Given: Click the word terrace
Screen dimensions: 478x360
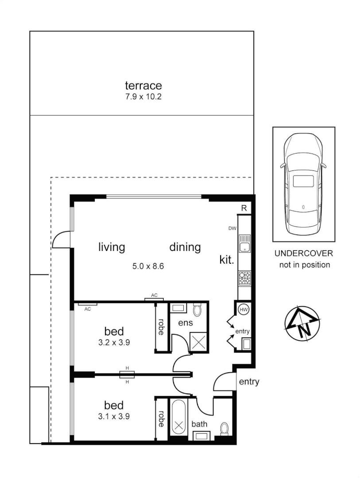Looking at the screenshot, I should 143,85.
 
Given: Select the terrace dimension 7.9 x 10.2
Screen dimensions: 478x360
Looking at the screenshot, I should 143,96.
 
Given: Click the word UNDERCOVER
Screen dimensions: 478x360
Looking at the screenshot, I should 303,254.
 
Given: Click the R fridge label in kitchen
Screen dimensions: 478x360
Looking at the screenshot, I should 244,208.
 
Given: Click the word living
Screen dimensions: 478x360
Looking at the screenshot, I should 111,247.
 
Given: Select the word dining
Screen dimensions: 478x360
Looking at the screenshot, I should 185,247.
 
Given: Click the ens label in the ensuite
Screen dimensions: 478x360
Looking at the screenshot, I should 185,323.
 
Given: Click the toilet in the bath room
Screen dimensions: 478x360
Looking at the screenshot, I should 225,428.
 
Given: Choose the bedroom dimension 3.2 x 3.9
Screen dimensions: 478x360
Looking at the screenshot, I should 114,342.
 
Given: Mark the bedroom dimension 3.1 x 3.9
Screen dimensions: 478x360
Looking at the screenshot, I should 114,416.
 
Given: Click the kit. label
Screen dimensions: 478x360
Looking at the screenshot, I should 227,260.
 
